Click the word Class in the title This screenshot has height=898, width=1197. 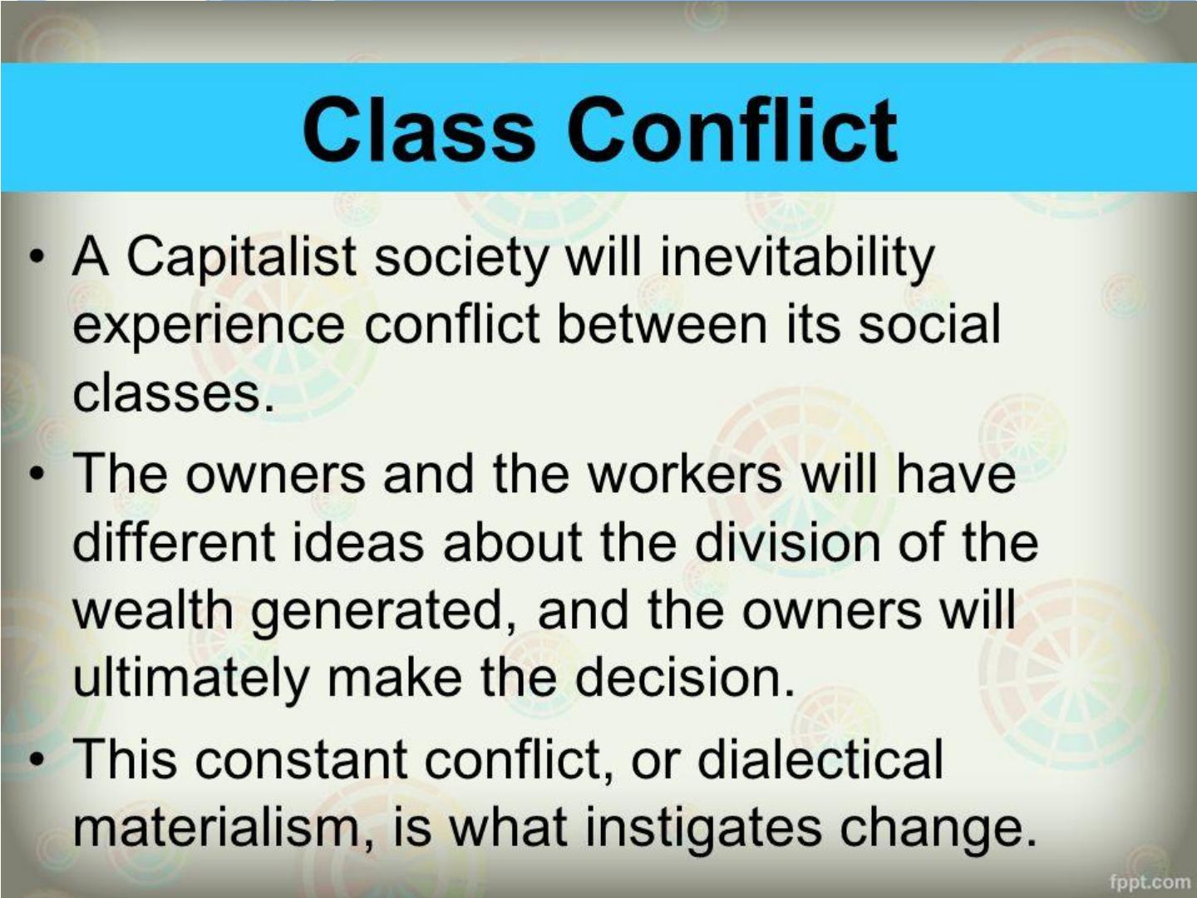coord(418,129)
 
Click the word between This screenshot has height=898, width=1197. coord(662,324)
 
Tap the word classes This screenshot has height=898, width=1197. coord(172,393)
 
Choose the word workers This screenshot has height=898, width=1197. coord(684,473)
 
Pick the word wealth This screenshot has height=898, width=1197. coord(153,610)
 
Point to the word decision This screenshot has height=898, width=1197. coord(684,678)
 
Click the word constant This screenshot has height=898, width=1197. coord(301,760)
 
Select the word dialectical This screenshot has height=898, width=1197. coord(820,759)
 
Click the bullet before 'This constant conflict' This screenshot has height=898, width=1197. coord(37,759)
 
